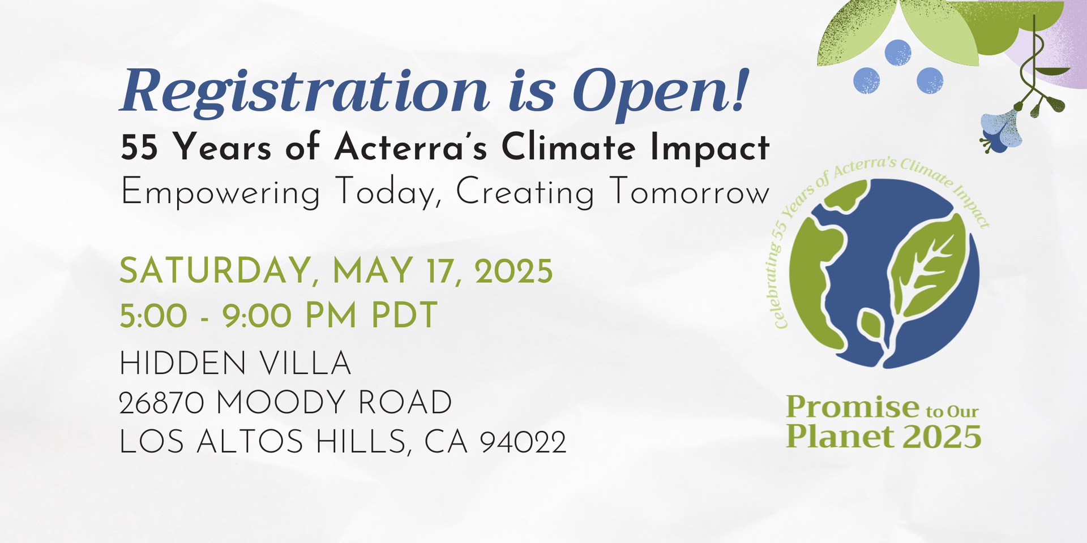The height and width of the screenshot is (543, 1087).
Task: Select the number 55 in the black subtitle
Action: (x=139, y=148)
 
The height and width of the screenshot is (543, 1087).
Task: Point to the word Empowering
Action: (x=220, y=193)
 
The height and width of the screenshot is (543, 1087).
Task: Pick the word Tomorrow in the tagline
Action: (x=690, y=193)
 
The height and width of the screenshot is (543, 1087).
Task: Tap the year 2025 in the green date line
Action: (x=513, y=271)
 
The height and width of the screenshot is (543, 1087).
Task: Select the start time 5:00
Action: (x=153, y=316)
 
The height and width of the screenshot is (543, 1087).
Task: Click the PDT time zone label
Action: (x=404, y=316)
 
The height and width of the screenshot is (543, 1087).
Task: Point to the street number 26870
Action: (x=161, y=403)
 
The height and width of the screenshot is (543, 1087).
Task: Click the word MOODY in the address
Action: (x=281, y=403)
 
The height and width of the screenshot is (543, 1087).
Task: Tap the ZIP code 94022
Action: (x=523, y=442)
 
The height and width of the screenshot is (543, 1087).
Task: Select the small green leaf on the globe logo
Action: (x=871, y=325)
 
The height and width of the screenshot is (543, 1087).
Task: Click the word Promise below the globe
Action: (x=853, y=407)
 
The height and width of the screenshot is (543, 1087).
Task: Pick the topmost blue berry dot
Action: (x=897, y=53)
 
